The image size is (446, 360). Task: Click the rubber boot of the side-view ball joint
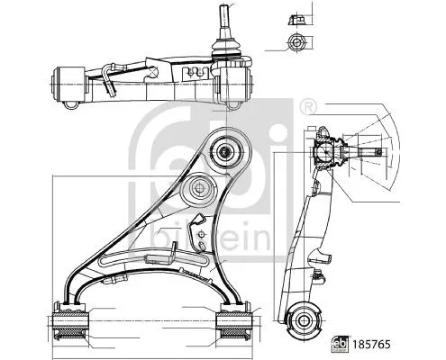coord(335,153)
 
